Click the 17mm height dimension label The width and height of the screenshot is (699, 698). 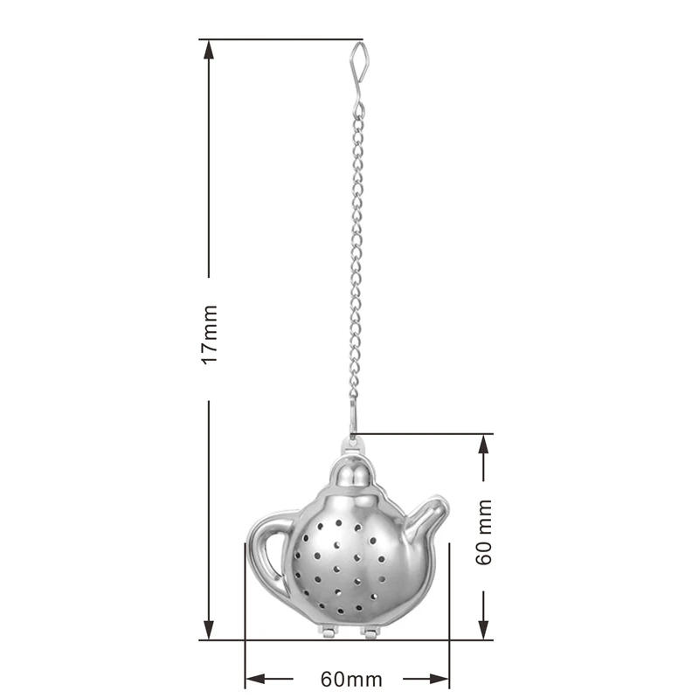209,335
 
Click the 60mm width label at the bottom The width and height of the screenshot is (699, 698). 346,679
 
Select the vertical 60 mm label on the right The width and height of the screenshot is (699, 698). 484,532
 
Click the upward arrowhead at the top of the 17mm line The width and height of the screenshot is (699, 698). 209,51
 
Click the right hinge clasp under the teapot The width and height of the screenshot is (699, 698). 370,631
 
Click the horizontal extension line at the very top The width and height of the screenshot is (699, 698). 280,39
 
